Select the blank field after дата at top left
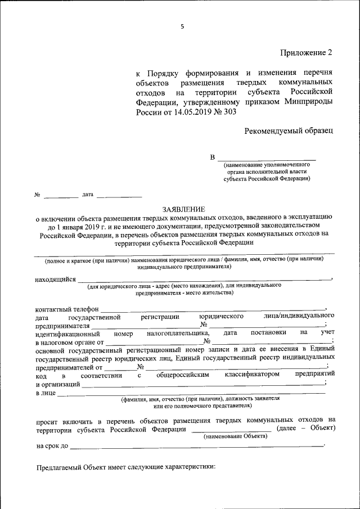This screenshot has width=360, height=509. pyautogui.click(x=119, y=197)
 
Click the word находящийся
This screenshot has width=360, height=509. pyautogui.click(x=55, y=279)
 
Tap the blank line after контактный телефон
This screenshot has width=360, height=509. pyautogui.click(x=213, y=309)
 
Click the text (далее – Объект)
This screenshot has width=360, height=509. pyautogui.click(x=306, y=429)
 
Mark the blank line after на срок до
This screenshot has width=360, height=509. pyautogui.click(x=197, y=446)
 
